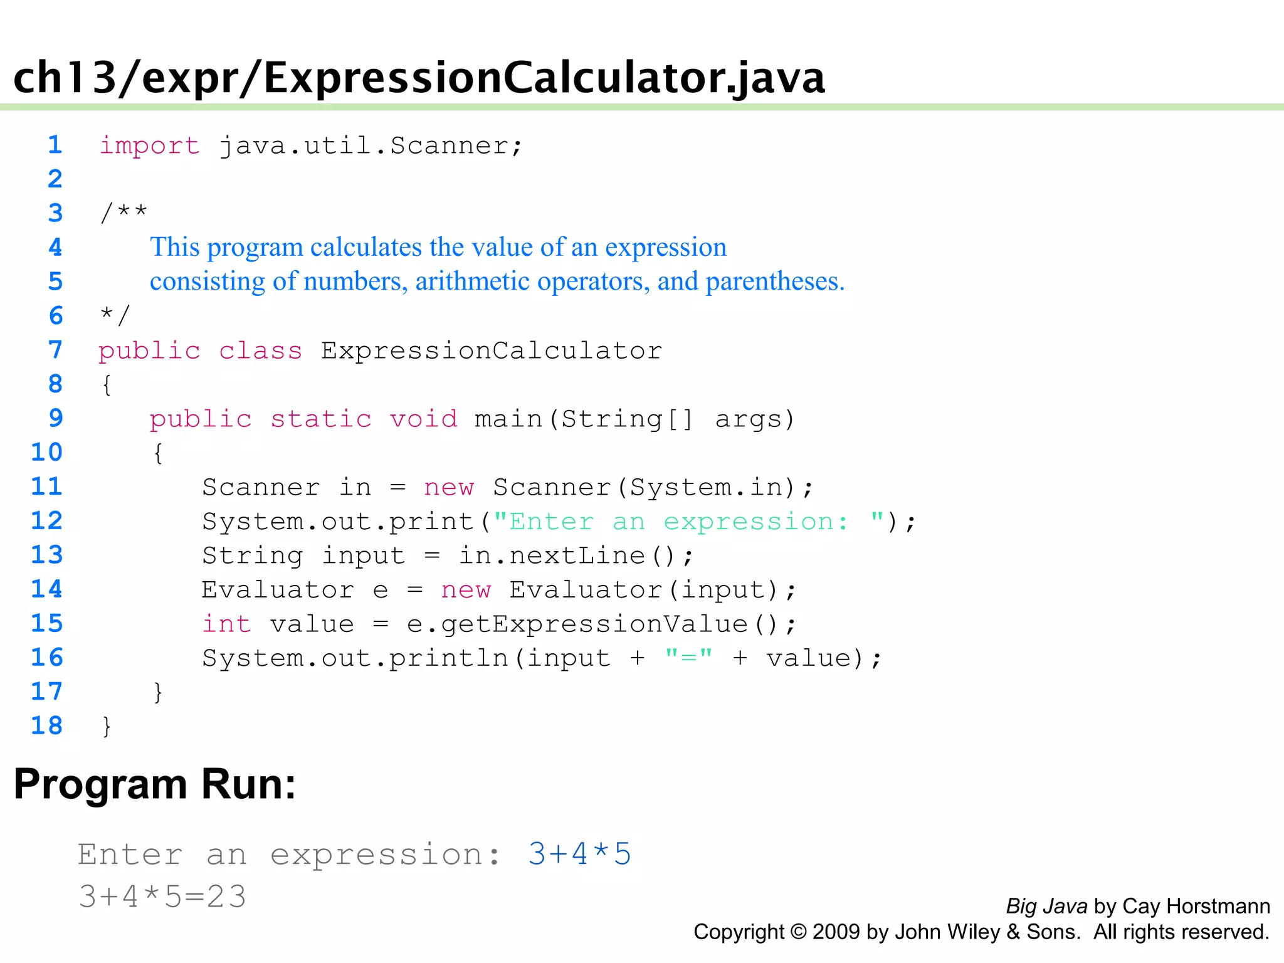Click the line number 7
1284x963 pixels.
(x=55, y=349)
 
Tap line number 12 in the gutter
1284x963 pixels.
(x=47, y=520)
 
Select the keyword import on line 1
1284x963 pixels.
(x=149, y=146)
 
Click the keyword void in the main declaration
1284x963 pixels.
(x=423, y=419)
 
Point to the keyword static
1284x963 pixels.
(x=320, y=419)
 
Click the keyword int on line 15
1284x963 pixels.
(x=226, y=624)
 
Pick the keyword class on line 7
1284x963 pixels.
(x=260, y=350)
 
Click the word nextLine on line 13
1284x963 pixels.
(x=577, y=555)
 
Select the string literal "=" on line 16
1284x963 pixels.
(x=688, y=658)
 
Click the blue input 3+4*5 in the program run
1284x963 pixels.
(x=579, y=854)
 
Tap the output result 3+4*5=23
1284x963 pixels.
(x=162, y=897)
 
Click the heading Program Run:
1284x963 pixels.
(x=154, y=784)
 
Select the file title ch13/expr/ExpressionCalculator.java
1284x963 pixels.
(x=419, y=78)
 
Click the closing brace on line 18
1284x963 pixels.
(x=107, y=726)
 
